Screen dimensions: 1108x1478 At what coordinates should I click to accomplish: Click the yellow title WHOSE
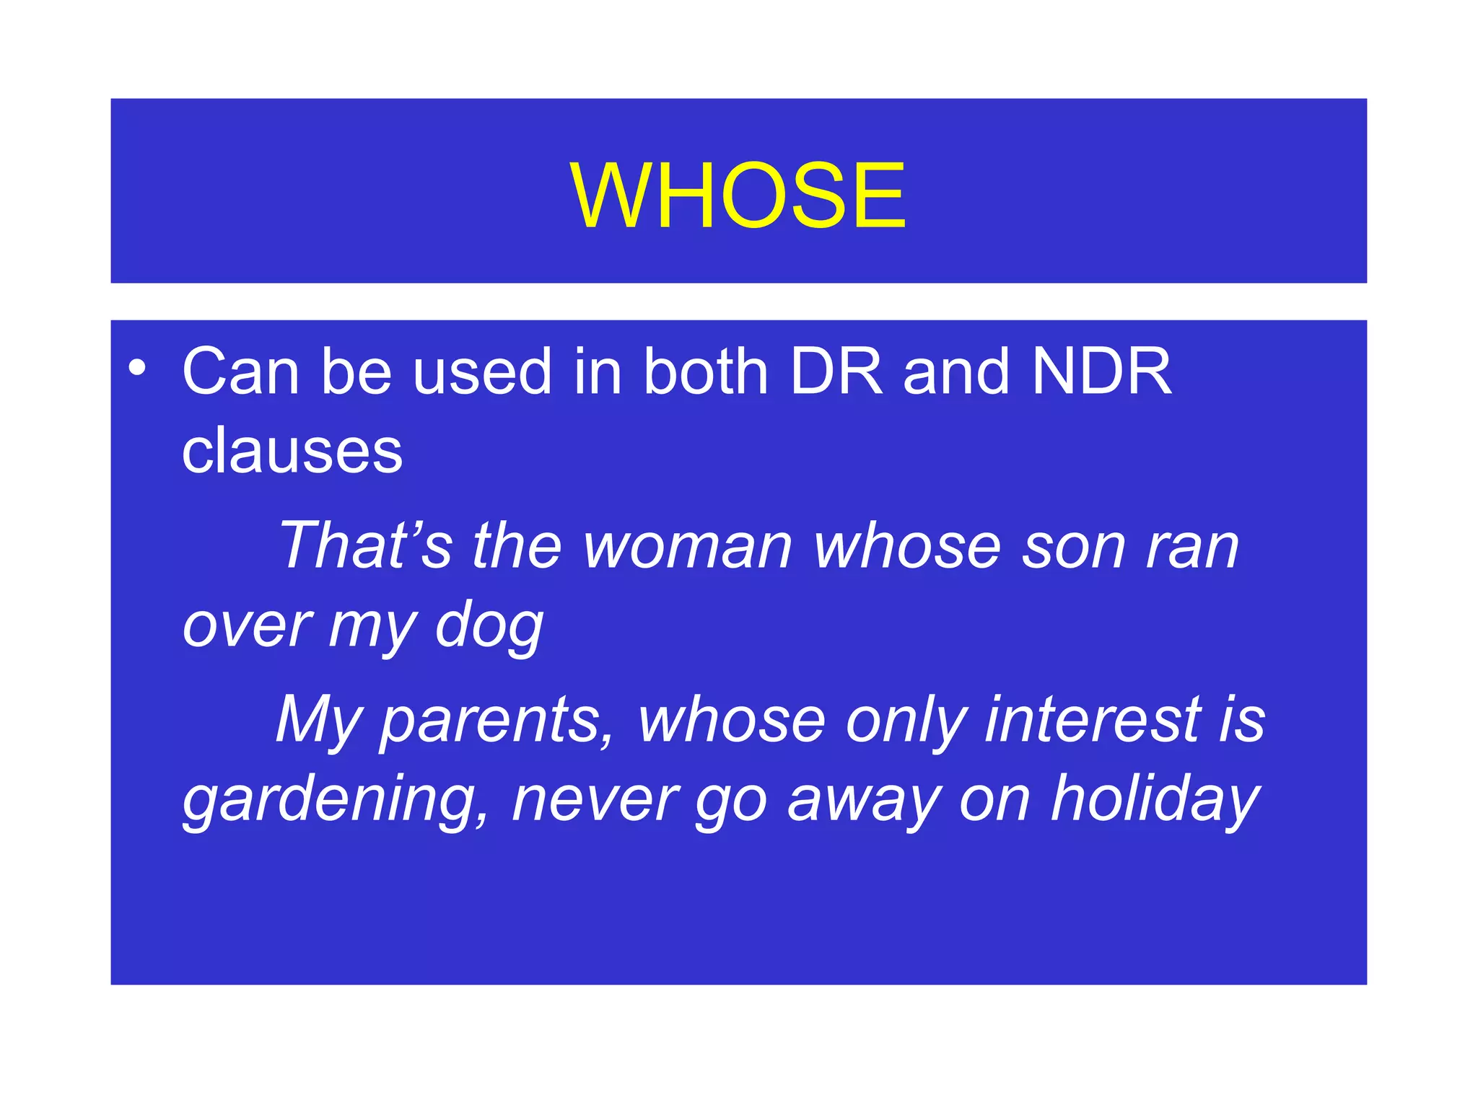(x=738, y=195)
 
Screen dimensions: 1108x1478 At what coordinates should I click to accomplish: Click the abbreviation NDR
(x=1101, y=371)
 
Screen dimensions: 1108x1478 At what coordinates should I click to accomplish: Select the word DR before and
(x=836, y=371)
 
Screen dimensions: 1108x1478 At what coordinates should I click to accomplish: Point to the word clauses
(x=292, y=451)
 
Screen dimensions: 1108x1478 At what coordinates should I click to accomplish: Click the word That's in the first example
(x=365, y=545)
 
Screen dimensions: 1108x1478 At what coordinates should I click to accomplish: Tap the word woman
(x=687, y=547)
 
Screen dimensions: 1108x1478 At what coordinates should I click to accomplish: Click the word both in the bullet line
(x=705, y=371)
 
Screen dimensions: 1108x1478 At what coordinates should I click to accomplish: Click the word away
(x=863, y=801)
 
